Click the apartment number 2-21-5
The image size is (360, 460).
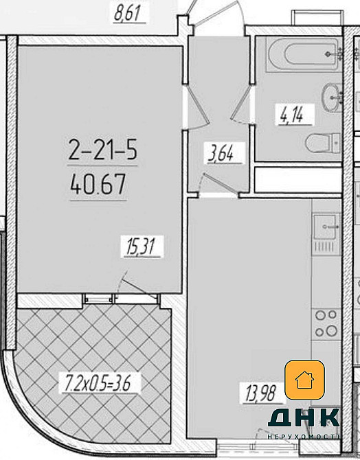102,150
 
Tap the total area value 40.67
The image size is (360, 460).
98,184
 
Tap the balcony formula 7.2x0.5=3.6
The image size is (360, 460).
96,382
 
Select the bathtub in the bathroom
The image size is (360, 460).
304,54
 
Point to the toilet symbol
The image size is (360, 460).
323,143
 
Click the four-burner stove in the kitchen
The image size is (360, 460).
326,323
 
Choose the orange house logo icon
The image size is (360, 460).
305,380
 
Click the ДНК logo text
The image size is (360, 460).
304,417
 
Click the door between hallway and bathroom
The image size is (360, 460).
241,105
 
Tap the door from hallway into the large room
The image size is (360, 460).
196,107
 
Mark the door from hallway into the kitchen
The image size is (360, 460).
218,184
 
